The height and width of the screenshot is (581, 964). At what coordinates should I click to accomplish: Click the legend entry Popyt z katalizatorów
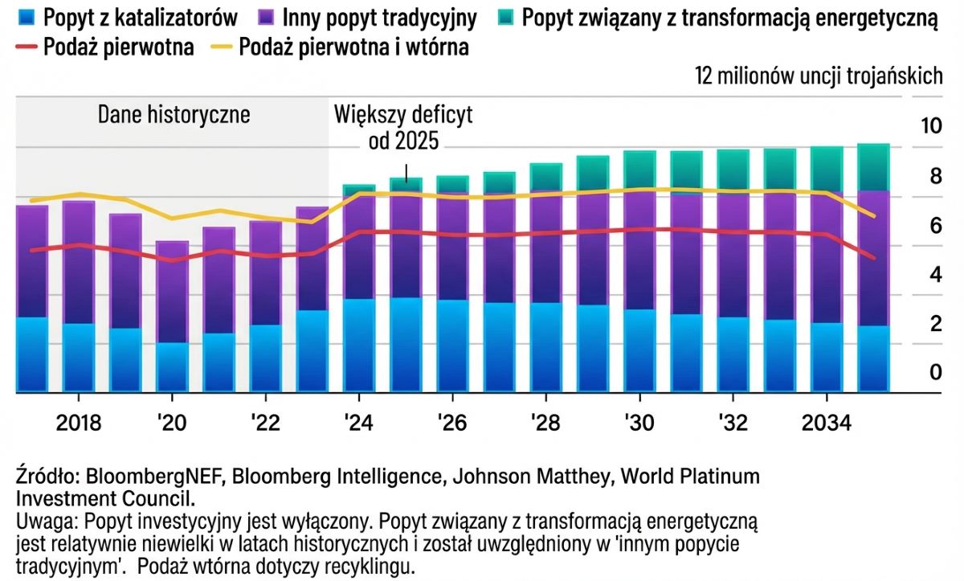[129, 17]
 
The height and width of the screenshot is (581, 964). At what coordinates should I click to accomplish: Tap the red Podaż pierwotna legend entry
[105, 47]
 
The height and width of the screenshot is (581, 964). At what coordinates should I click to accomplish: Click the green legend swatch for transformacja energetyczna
[504, 17]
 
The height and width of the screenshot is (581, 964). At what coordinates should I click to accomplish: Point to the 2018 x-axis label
[79, 423]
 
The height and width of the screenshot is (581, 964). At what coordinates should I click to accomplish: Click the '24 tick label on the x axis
[358, 423]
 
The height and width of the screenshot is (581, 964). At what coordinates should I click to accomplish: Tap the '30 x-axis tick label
[639, 423]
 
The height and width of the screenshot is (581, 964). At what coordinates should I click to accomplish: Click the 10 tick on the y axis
[930, 126]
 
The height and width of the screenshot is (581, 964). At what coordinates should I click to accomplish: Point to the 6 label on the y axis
[934, 226]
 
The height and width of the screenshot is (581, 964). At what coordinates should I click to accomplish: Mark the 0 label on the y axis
[934, 373]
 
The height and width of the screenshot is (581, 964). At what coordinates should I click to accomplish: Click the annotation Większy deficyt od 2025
[403, 128]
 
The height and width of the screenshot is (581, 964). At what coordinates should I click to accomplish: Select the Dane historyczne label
[174, 114]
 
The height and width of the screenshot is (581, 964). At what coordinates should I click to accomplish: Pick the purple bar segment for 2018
[79, 262]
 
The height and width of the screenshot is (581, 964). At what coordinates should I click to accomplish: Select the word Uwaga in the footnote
[40, 521]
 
